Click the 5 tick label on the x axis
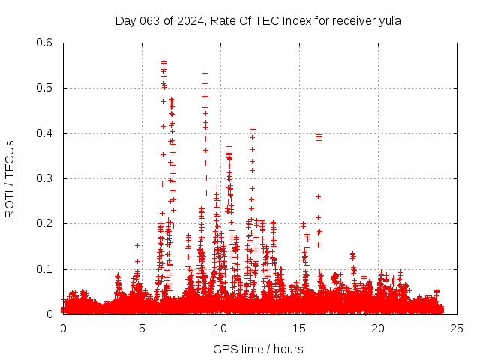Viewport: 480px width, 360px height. click(x=142, y=328)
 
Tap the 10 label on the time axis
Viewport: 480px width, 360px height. click(x=220, y=328)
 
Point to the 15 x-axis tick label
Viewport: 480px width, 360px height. click(x=299, y=328)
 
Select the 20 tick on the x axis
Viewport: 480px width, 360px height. click(x=378, y=328)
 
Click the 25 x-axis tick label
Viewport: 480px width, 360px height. click(x=457, y=328)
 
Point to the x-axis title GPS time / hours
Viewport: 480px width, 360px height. click(x=258, y=349)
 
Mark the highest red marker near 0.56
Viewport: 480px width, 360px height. click(x=163, y=61)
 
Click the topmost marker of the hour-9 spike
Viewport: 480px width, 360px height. click(x=205, y=73)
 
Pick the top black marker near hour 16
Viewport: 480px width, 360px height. click(x=319, y=135)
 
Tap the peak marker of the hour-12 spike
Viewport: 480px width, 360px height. click(x=253, y=130)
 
